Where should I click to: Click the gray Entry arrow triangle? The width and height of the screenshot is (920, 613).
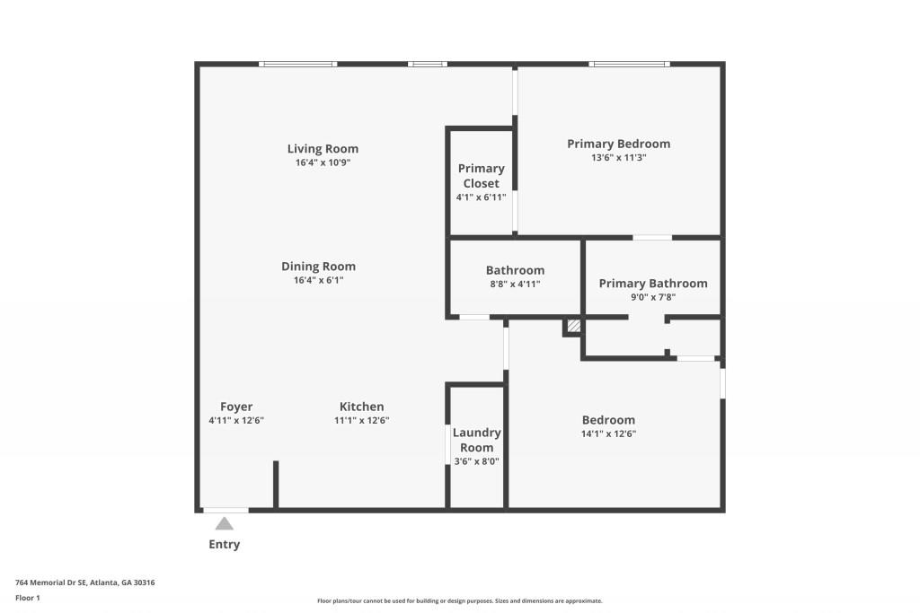[224, 523]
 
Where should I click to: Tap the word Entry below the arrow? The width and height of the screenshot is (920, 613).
[224, 545]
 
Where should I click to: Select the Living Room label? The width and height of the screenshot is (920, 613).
[323, 149]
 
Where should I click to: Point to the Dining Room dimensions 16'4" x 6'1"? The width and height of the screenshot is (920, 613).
[318, 280]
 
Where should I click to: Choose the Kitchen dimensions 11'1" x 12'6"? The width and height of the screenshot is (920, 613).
[361, 420]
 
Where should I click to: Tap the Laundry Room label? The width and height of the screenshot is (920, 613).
[476, 440]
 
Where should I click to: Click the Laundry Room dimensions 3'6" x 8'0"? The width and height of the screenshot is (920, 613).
[476, 461]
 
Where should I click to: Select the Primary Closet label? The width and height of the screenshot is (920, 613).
[481, 176]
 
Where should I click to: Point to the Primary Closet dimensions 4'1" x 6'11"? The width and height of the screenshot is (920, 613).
[481, 197]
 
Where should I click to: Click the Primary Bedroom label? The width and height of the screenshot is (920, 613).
[618, 144]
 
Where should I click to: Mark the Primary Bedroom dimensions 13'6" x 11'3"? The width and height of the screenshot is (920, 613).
[618, 157]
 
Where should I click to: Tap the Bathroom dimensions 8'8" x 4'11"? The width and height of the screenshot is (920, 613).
[515, 284]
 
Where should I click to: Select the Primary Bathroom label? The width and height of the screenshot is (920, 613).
[653, 284]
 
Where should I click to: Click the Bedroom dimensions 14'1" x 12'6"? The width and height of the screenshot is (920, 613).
[608, 433]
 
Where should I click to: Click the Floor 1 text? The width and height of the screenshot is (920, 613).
[29, 598]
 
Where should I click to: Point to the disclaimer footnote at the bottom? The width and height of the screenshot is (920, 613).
[459, 601]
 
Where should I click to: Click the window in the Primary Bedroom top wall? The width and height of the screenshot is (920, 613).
[629, 64]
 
